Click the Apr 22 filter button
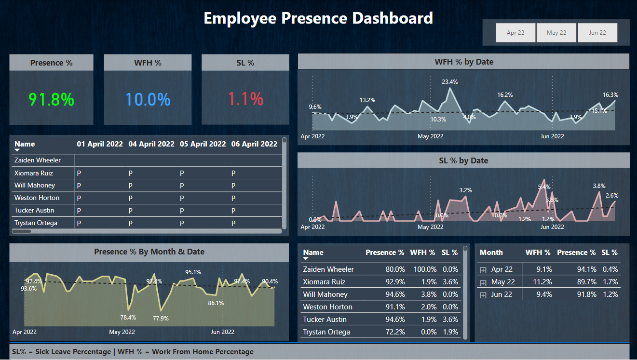pyautogui.click(x=515, y=33)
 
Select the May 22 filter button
pyautogui.click(x=556, y=33)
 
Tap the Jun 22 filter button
pyautogui.click(x=597, y=33)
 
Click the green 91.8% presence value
pyautogui.click(x=51, y=99)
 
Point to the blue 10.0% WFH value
pyautogui.click(x=148, y=99)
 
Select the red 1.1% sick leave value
pyautogui.click(x=245, y=99)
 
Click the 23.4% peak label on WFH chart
pyautogui.click(x=450, y=82)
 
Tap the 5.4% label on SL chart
pyautogui.click(x=544, y=187)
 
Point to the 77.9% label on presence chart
pyautogui.click(x=161, y=318)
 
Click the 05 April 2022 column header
pyautogui.click(x=203, y=144)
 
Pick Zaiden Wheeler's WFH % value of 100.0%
pyautogui.click(x=423, y=269)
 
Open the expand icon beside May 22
pyautogui.click(x=483, y=282)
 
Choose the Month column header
pyautogui.click(x=491, y=253)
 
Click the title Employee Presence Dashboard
pyautogui.click(x=318, y=18)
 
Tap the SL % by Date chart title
pyautogui.click(x=463, y=160)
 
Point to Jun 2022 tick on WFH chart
pyautogui.click(x=552, y=136)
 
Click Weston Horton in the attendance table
pyautogui.click(x=37, y=198)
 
